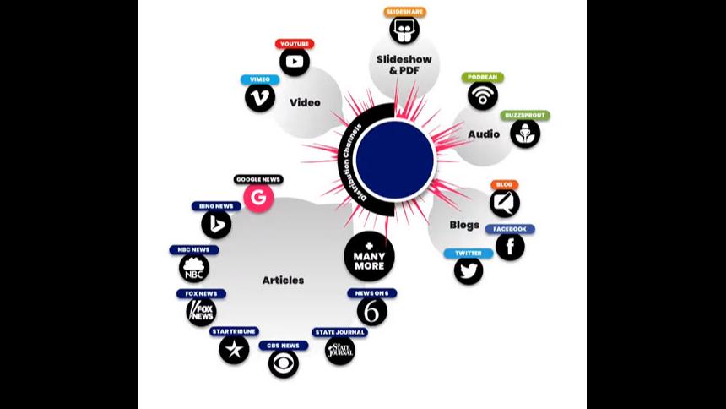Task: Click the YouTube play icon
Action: pyautogui.click(x=295, y=62)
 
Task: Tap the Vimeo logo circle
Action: pyautogui.click(x=260, y=97)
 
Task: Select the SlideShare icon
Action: pyautogui.click(x=404, y=30)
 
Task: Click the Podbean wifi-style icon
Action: pyautogui.click(x=483, y=95)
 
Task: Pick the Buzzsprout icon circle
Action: pyautogui.click(x=525, y=133)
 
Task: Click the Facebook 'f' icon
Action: pyautogui.click(x=510, y=246)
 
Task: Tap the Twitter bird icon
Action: pyautogui.click(x=469, y=270)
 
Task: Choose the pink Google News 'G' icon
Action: pyautogui.click(x=258, y=199)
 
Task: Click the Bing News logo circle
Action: pyautogui.click(x=216, y=224)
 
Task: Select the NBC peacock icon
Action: pyautogui.click(x=193, y=269)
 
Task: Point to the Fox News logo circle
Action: pyautogui.click(x=201, y=312)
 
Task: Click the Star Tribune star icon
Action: pyautogui.click(x=234, y=349)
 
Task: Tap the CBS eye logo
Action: pyautogui.click(x=284, y=363)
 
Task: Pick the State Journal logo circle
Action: pyautogui.click(x=339, y=350)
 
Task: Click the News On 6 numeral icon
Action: pyautogui.click(x=371, y=311)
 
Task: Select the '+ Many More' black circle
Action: pyautogui.click(x=369, y=256)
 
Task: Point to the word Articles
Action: pyautogui.click(x=283, y=280)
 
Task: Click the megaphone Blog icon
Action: pyautogui.click(x=504, y=202)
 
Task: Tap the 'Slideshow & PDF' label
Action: pyautogui.click(x=404, y=65)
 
